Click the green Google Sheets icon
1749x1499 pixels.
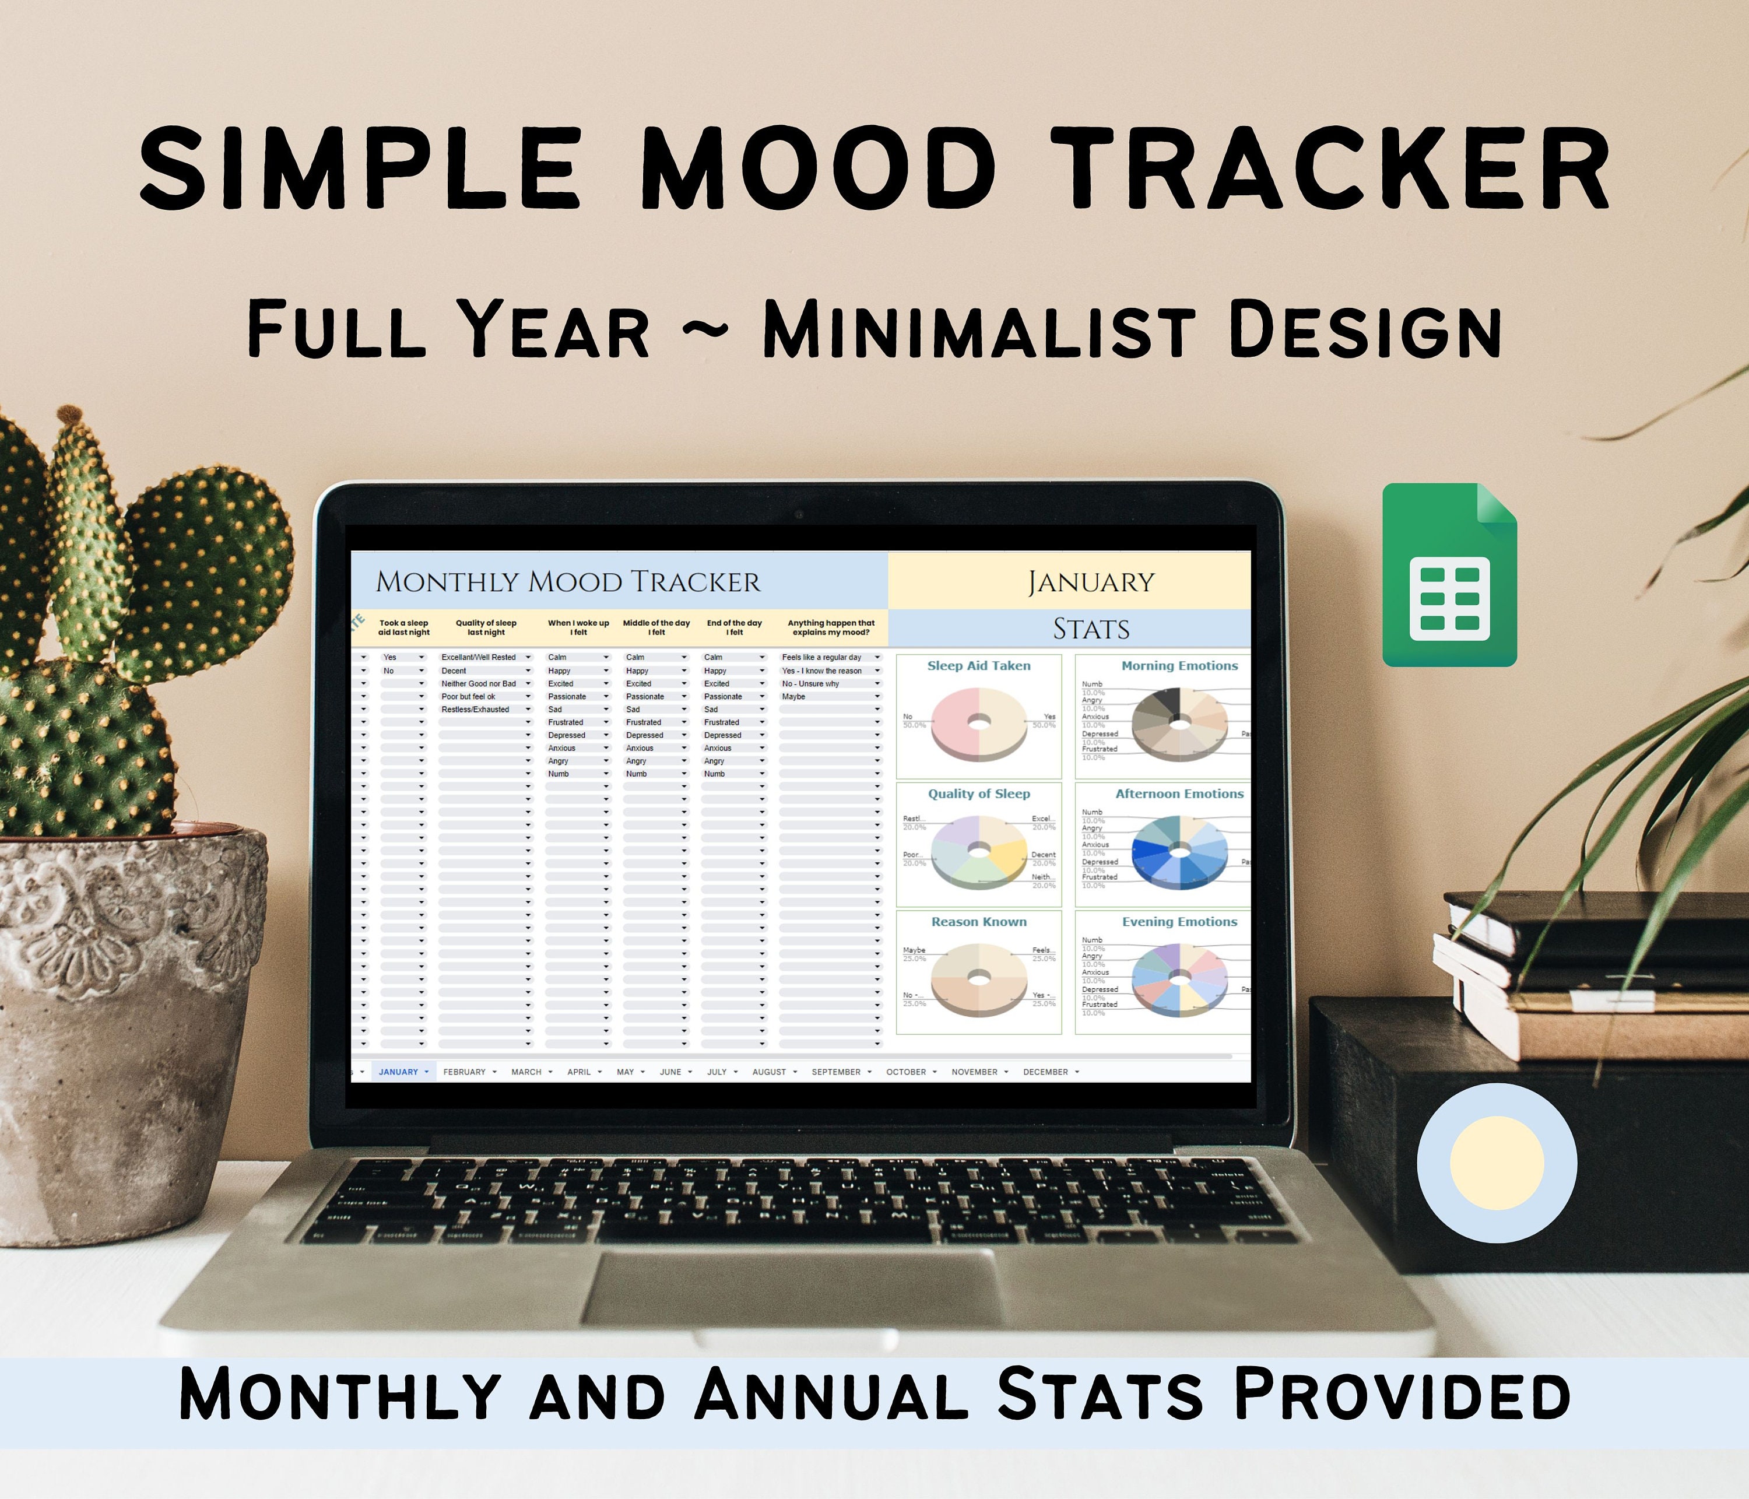(x=1449, y=575)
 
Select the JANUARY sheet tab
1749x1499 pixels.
(x=398, y=1072)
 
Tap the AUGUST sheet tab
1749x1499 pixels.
(x=768, y=1072)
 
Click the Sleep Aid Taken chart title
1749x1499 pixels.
(x=978, y=666)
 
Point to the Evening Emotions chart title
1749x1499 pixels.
(x=1179, y=922)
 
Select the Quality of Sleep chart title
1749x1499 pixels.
(x=978, y=794)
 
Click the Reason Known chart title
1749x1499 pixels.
(x=978, y=922)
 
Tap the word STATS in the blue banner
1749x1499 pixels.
(x=1091, y=629)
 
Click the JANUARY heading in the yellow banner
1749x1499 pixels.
(x=1091, y=582)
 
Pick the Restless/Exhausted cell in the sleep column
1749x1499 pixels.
(x=475, y=710)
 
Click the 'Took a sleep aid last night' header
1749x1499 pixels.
(x=403, y=627)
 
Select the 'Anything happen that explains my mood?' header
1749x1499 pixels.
(x=831, y=627)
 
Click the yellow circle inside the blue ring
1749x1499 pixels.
(x=1497, y=1162)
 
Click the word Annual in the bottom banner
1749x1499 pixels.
(x=831, y=1394)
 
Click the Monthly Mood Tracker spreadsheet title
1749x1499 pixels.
(x=567, y=582)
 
